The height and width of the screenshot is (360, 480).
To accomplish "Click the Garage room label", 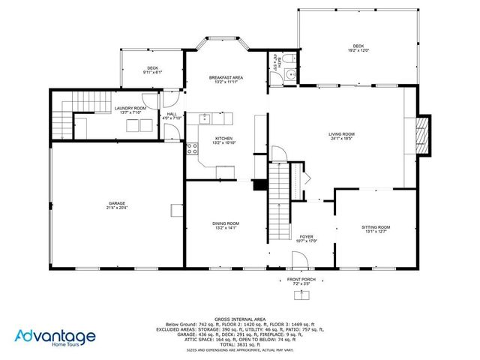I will (x=116, y=203).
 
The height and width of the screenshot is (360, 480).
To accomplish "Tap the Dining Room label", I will (x=226, y=223).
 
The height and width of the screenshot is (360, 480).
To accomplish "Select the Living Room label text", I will (x=341, y=135).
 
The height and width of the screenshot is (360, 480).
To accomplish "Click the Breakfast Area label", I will (x=226, y=78).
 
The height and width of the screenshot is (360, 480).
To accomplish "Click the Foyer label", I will (x=306, y=237).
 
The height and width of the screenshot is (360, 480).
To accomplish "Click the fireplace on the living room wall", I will (x=424, y=135).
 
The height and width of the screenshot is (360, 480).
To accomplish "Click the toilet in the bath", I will (x=288, y=58).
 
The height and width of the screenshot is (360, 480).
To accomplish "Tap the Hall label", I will (x=172, y=115).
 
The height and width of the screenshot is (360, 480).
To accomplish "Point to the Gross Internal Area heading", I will (x=239, y=318).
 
